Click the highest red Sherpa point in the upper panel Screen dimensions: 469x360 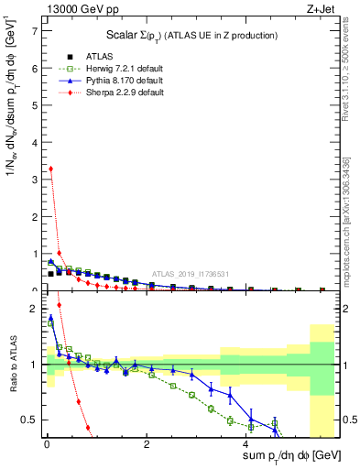coord(50,169)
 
